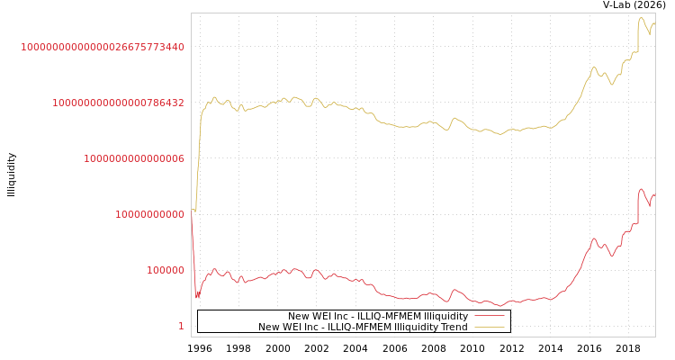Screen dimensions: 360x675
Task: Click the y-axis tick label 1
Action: (181, 326)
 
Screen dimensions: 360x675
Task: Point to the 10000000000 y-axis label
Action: (149, 214)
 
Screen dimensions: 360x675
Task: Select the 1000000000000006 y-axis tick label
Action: (134, 158)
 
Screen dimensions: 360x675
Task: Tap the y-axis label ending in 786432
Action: (118, 103)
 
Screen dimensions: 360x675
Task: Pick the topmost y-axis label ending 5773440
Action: (103, 47)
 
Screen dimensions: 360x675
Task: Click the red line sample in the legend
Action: (490, 316)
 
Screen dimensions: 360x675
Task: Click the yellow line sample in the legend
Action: (490, 327)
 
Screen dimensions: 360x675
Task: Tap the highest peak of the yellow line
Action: (641, 17)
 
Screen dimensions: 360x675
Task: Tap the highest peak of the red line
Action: (641, 189)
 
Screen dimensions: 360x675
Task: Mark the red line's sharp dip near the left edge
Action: (197, 297)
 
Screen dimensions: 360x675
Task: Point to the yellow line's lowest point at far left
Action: (195, 211)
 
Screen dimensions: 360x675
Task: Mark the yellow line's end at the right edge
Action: (654, 23)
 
